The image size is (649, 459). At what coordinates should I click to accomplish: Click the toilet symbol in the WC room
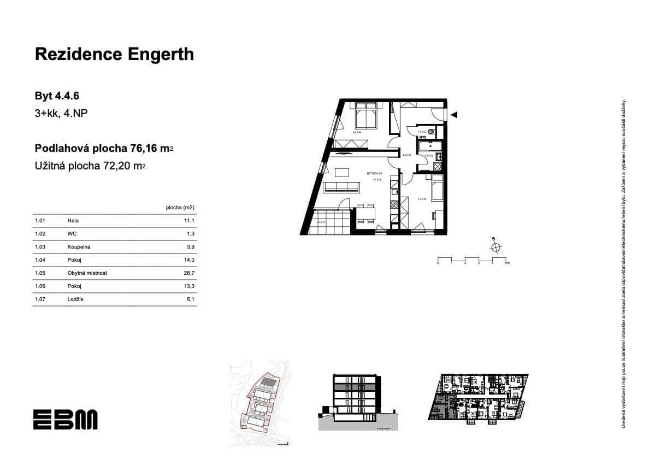[432, 131]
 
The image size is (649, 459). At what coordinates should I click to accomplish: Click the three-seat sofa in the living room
[341, 188]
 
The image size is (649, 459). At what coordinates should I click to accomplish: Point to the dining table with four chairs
[366, 213]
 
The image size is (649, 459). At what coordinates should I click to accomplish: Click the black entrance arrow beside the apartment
[454, 115]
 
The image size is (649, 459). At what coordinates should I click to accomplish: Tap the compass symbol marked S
[495, 247]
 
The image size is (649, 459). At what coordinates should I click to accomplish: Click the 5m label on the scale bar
[507, 263]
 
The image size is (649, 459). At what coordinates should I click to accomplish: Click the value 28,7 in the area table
[190, 273]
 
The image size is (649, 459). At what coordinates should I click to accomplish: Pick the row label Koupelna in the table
[79, 247]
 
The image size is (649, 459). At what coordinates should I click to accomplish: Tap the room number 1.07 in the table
[39, 299]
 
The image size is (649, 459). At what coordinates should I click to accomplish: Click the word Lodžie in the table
[76, 299]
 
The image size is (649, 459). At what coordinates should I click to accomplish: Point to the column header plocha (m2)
[180, 208]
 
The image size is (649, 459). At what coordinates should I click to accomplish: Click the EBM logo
[65, 419]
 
